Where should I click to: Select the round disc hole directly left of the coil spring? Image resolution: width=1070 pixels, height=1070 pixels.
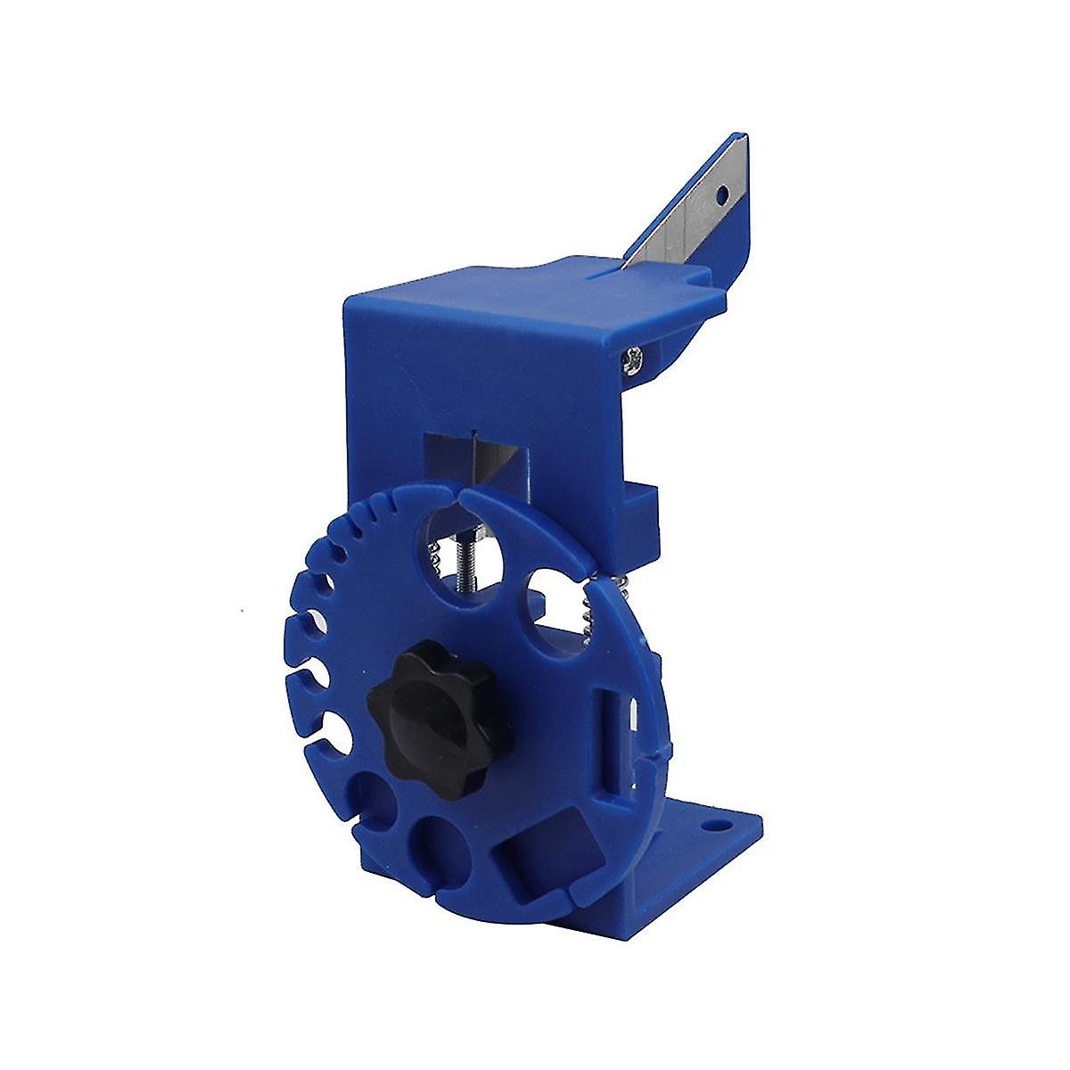[551, 606]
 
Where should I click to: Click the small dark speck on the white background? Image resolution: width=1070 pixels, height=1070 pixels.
[244, 609]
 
